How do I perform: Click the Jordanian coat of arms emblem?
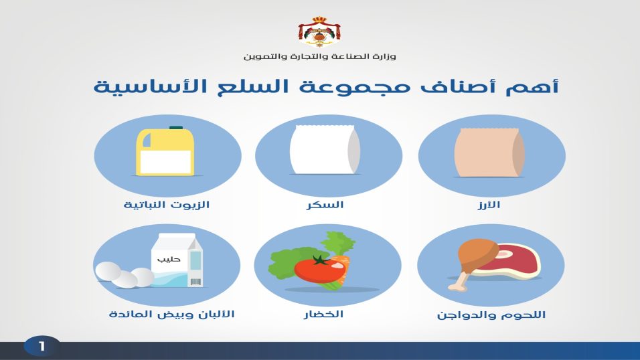[x=319, y=32]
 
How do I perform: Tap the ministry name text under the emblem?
[x=319, y=56]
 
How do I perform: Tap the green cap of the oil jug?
[x=176, y=128]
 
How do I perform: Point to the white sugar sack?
[x=325, y=150]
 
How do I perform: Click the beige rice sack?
[x=489, y=153]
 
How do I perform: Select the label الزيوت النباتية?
[x=167, y=205]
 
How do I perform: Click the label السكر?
[x=325, y=205]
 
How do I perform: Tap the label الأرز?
[x=489, y=205]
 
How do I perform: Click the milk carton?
[x=177, y=260]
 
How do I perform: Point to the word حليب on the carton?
[x=169, y=259]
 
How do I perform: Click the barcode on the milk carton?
[x=195, y=282]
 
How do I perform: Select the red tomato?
[x=320, y=268]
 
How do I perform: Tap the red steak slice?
[x=513, y=261]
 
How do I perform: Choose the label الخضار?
[x=323, y=314]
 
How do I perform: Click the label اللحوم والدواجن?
[x=491, y=315]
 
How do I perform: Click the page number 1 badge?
[x=42, y=347]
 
